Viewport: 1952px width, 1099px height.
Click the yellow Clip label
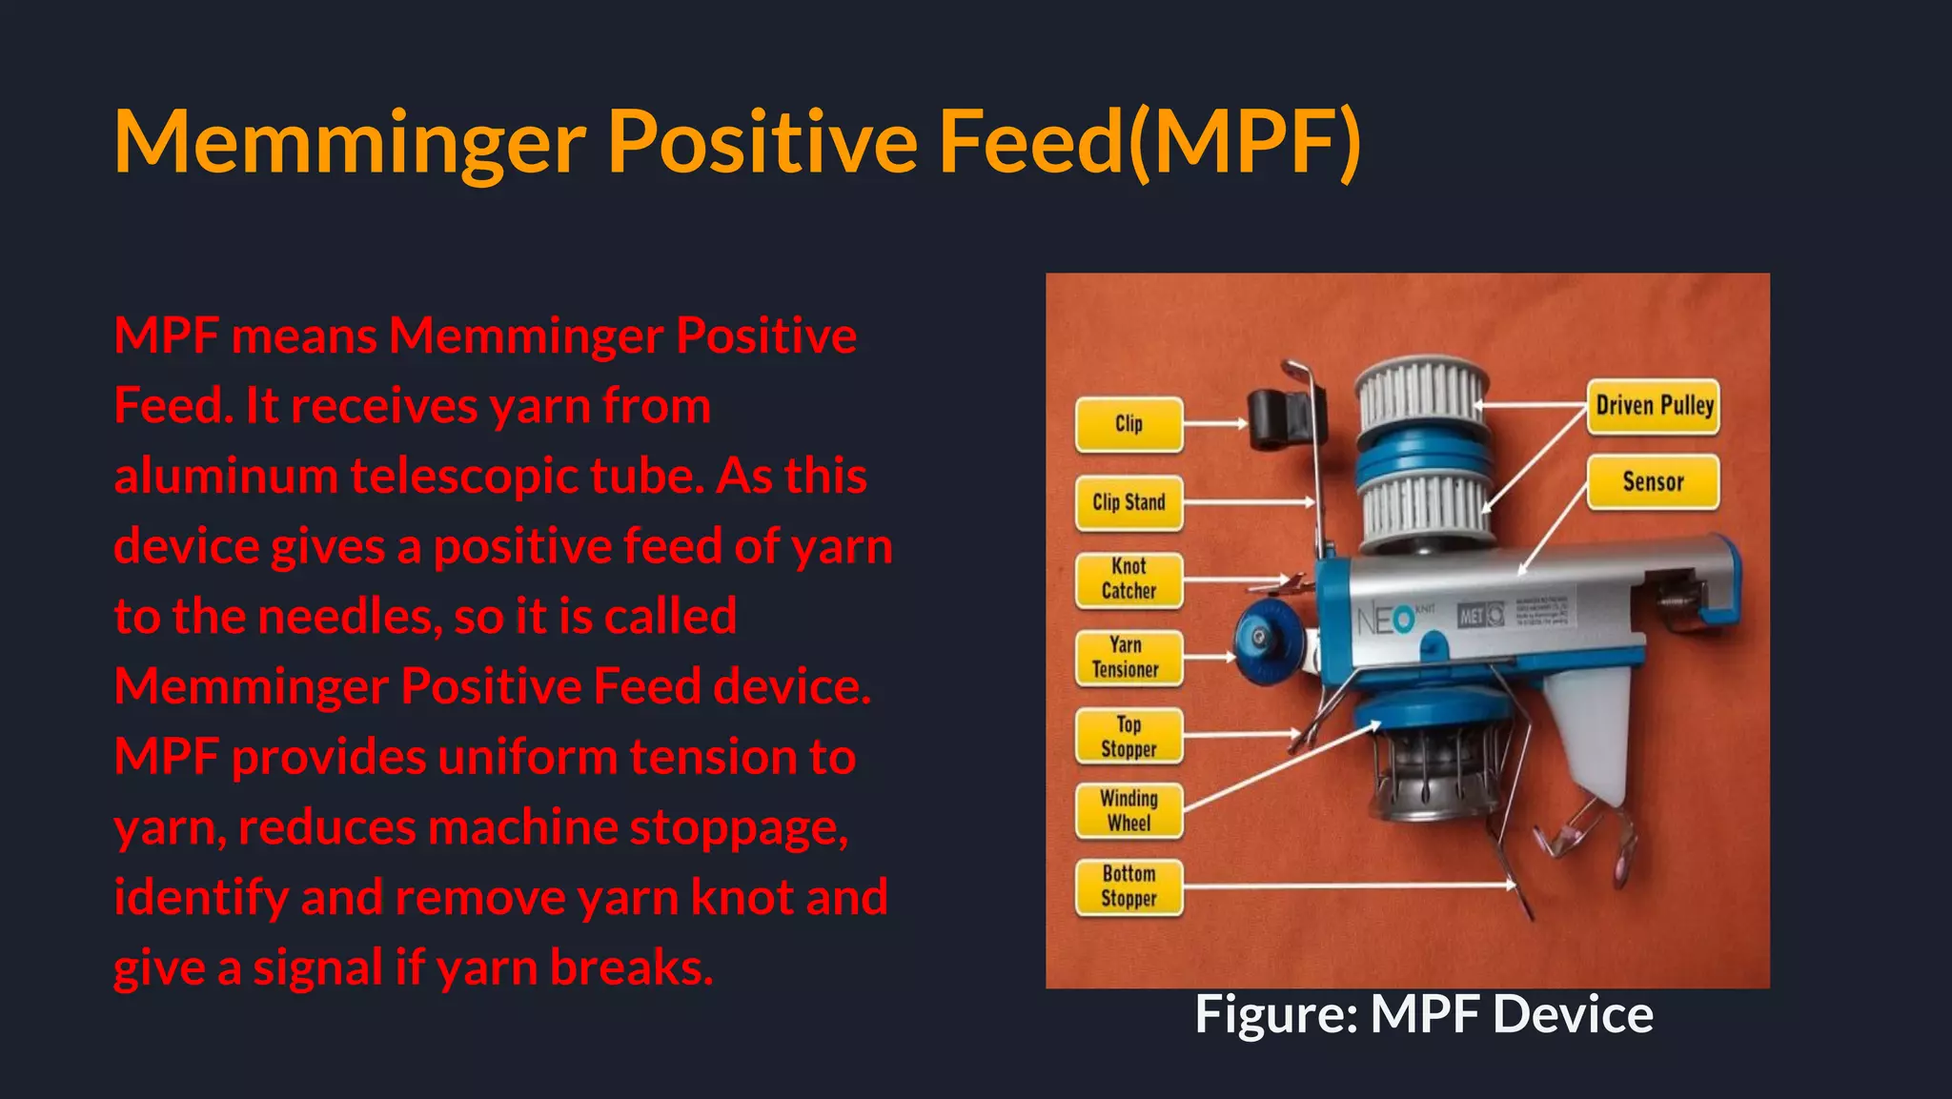coord(1128,424)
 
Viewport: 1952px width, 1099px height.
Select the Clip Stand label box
coord(1128,502)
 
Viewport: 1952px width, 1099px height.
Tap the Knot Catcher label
coord(1128,580)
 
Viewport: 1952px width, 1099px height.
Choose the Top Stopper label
coord(1128,737)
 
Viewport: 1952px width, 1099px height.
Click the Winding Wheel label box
coord(1128,811)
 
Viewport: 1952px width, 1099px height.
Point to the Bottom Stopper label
coord(1128,886)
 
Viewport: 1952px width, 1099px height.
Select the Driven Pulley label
coord(1654,406)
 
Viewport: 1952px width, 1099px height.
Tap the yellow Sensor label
coord(1653,482)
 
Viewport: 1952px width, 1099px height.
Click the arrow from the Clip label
coord(1216,423)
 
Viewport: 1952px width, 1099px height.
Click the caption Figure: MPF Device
coord(1424,1014)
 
